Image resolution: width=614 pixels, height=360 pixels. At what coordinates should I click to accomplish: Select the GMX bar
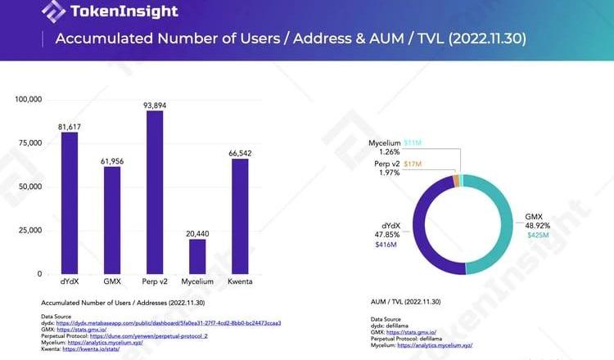coord(112,220)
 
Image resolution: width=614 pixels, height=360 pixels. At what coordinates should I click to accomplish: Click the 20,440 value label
coord(196,233)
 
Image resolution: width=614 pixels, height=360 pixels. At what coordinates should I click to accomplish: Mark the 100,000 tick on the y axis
coord(28,100)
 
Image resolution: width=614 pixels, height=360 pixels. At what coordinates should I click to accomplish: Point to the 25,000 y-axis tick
coord(30,230)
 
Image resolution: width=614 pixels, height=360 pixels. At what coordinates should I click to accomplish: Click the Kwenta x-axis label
coord(239,282)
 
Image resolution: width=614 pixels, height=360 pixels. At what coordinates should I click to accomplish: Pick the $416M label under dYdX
coord(386,245)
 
